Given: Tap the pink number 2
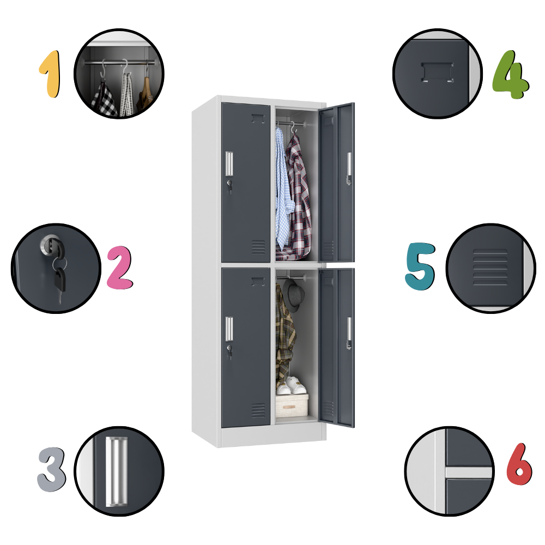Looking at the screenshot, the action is click(x=120, y=267).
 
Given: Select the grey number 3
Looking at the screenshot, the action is click(x=51, y=469).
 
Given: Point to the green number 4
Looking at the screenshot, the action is click(x=510, y=74).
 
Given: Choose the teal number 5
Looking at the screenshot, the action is click(x=420, y=267).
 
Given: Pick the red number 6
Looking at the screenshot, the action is click(x=519, y=464).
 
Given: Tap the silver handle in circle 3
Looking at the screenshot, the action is click(x=117, y=471).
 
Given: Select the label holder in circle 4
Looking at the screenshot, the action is click(x=437, y=72).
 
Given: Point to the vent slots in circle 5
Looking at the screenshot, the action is click(x=490, y=267).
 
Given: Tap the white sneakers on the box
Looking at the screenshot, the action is click(x=291, y=385).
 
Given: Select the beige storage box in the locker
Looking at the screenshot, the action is click(x=292, y=405).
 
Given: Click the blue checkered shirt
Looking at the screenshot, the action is click(x=282, y=190).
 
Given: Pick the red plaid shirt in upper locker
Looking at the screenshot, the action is click(x=298, y=198).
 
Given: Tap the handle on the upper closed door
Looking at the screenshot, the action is click(x=229, y=163).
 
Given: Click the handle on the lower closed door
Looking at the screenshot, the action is click(x=229, y=329).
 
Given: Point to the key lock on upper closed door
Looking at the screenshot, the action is click(x=229, y=185).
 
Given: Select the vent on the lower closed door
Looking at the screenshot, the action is click(x=258, y=410).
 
